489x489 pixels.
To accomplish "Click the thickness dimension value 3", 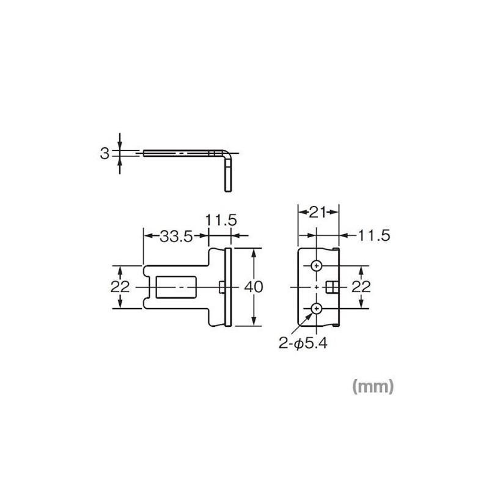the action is pos(105,153).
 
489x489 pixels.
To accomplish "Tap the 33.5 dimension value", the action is pos(176,237).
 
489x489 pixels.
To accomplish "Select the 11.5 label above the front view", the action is pos(221,220).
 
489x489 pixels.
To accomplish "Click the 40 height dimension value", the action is pos(253,287).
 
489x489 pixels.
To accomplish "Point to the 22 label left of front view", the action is pos(120,287).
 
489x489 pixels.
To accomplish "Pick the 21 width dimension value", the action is pos(318,212).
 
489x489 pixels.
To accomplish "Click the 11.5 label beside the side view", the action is pos(374,235).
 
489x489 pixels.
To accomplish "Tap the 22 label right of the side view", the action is pos(361,287).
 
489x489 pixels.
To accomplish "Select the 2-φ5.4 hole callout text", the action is pos(303,344).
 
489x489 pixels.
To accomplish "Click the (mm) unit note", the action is pos(373,387).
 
